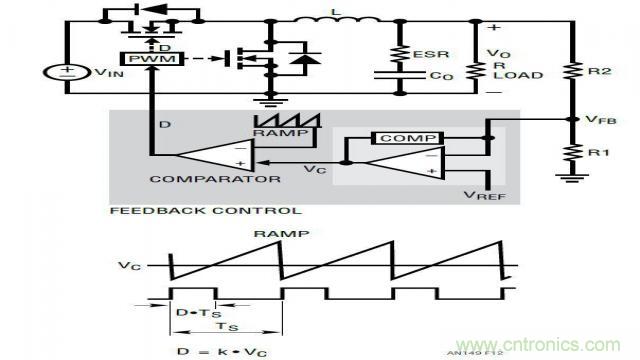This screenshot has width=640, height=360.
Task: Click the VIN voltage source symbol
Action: point(67,73)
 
